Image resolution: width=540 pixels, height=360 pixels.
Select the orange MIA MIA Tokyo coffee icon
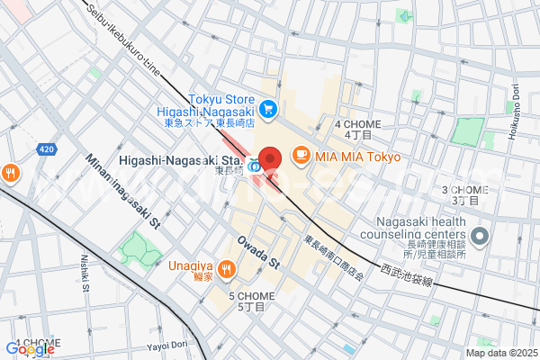(x=301, y=156)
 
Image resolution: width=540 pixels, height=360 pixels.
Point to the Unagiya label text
(x=190, y=265)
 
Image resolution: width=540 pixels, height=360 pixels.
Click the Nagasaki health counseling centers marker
(x=479, y=238)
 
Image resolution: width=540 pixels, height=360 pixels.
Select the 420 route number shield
(x=48, y=148)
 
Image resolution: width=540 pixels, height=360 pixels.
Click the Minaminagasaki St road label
(x=122, y=192)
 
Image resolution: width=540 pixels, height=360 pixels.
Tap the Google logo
(x=30, y=349)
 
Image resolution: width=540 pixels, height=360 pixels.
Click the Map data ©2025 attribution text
(x=499, y=353)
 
